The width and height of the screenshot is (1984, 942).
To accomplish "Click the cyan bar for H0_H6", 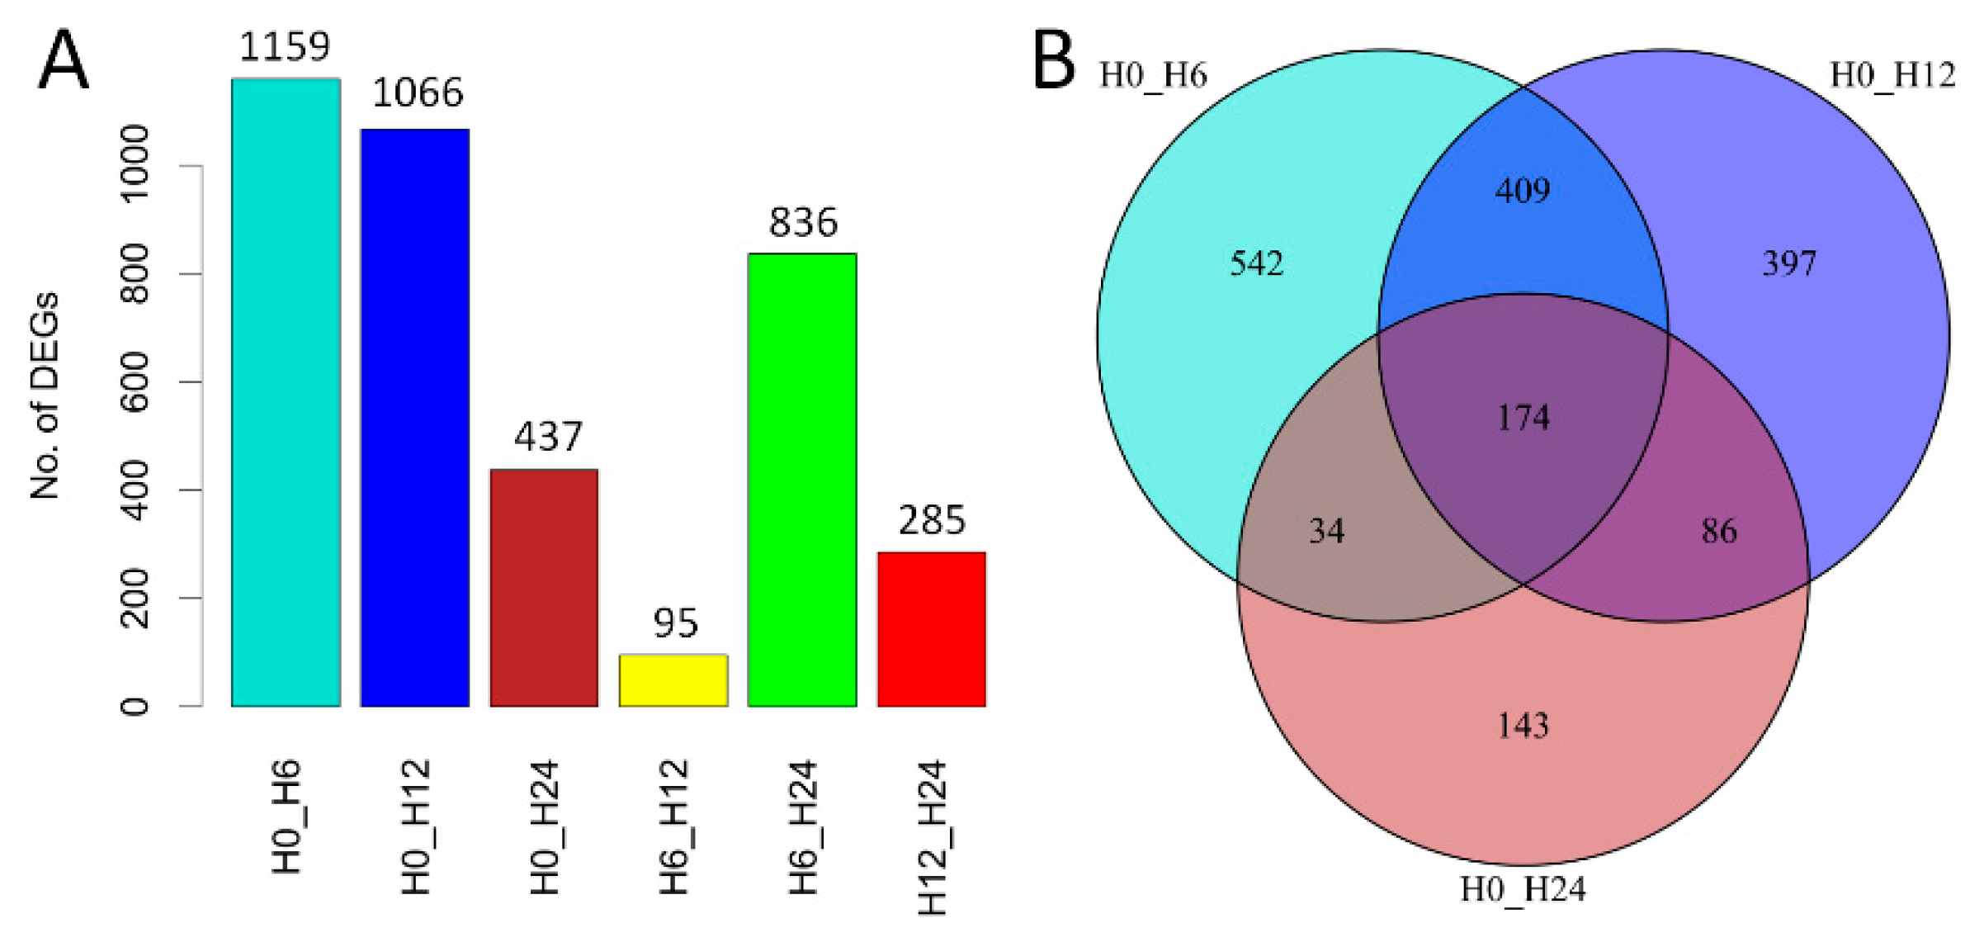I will [286, 392].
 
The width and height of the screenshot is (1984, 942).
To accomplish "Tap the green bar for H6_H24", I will [802, 479].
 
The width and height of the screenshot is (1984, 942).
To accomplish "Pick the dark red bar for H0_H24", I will [544, 587].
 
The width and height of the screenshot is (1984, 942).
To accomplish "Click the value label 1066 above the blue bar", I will [418, 92].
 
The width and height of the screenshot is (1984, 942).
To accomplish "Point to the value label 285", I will [932, 520].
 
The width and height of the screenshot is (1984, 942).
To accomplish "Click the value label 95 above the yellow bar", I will [675, 622].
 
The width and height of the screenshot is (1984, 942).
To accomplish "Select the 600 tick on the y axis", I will [135, 381].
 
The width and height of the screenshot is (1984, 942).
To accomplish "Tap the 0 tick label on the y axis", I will [135, 706].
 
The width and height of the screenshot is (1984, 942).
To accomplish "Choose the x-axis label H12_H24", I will [933, 837].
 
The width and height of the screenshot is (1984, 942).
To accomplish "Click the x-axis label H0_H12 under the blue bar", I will [416, 826].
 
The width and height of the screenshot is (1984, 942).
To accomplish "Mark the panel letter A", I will [63, 59].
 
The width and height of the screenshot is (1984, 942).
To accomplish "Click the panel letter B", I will [1054, 59].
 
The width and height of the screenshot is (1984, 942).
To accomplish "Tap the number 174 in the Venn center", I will [1523, 418].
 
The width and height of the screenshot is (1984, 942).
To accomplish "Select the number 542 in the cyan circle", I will [1256, 263].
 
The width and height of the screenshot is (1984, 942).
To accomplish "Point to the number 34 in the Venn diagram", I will [1326, 531].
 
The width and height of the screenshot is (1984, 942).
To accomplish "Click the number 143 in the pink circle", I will [1523, 726].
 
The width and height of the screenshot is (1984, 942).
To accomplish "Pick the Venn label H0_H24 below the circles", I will [1523, 889].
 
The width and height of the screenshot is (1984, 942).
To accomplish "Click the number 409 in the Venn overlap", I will [1523, 191].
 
